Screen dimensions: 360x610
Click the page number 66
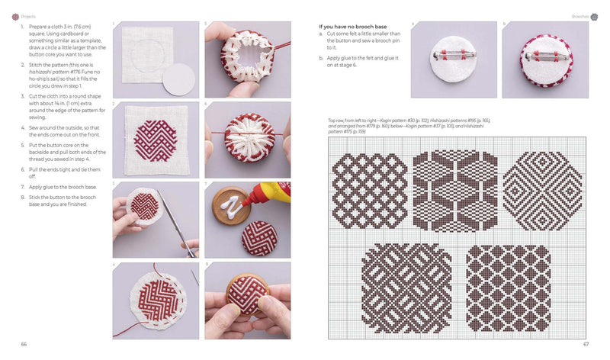coord(24,345)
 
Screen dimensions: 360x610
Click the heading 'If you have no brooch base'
coord(352,27)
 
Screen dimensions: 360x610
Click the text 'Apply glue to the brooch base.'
coord(61,186)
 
